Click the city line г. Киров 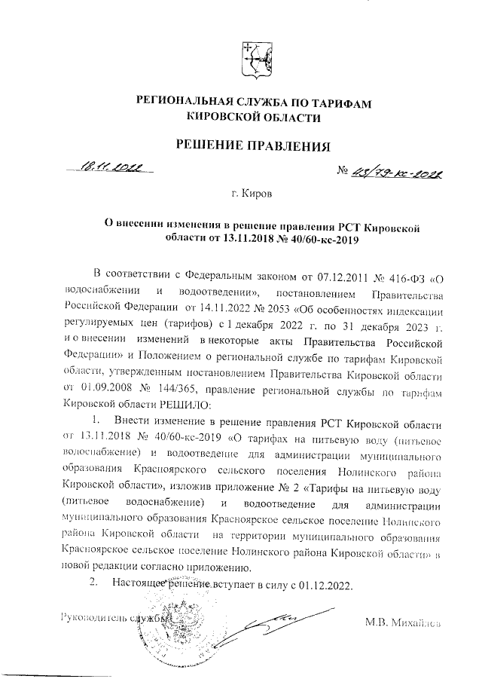253,194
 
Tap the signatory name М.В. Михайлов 401,622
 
